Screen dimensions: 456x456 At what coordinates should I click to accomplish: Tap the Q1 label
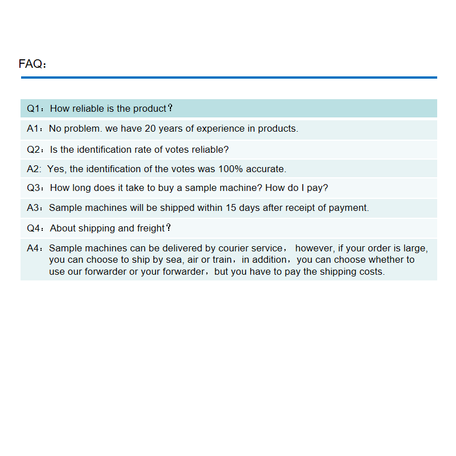(x=34, y=108)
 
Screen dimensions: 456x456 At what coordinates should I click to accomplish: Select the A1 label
(x=34, y=129)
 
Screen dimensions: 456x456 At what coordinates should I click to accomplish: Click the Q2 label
(x=34, y=149)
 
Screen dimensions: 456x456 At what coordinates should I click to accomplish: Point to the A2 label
(x=33, y=169)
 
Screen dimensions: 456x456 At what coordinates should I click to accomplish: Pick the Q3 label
(x=34, y=188)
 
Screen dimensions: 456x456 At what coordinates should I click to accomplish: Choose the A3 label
(x=34, y=207)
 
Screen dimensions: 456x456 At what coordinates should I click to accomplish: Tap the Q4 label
(x=34, y=228)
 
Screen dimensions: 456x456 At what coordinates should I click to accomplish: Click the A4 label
(x=34, y=248)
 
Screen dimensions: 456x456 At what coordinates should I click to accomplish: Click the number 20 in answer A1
(x=150, y=129)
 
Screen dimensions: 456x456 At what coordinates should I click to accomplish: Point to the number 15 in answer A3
(x=231, y=207)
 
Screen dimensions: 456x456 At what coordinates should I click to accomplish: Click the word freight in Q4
(x=151, y=228)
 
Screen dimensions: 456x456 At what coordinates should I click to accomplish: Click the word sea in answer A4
(x=172, y=259)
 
